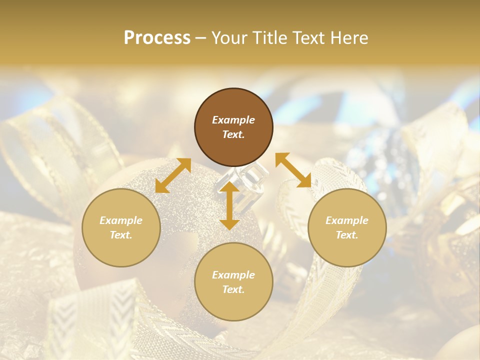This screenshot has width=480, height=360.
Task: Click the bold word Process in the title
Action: tap(157, 38)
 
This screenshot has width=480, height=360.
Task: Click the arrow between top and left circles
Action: tap(173, 175)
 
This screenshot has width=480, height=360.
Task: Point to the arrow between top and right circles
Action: tap(293, 170)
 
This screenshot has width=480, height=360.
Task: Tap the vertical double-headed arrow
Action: tap(229, 205)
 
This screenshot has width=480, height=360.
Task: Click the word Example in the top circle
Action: tap(233, 120)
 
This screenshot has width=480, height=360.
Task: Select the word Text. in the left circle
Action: tap(121, 235)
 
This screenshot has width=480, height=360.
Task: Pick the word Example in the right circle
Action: tap(347, 220)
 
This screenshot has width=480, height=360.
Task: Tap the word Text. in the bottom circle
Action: tap(233, 289)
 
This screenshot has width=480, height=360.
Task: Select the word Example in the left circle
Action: tap(121, 220)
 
